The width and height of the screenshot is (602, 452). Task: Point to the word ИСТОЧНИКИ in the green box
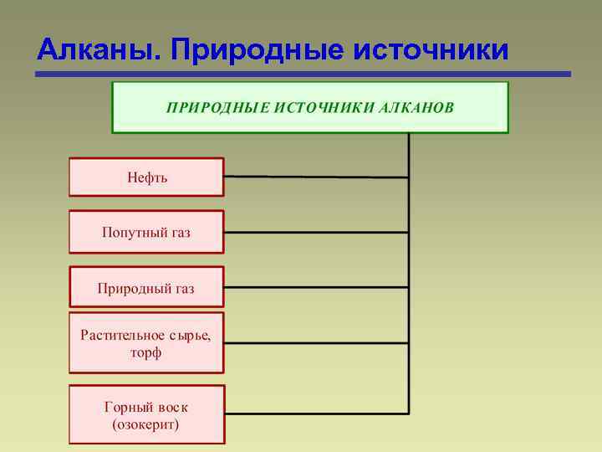point(323,108)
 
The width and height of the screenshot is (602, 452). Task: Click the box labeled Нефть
point(146,177)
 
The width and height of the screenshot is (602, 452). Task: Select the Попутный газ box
point(146,232)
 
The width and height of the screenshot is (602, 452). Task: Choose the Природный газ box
point(146,289)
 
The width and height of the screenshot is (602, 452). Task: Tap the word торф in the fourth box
point(145,352)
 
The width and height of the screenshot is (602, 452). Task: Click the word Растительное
point(121,335)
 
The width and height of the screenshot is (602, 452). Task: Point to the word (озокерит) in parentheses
point(145,424)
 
